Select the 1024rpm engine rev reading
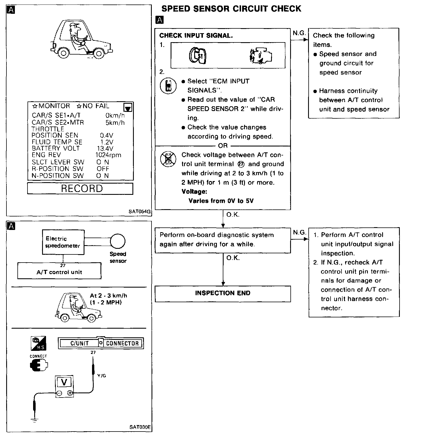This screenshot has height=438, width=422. tap(108, 155)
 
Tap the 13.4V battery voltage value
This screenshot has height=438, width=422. tap(105, 148)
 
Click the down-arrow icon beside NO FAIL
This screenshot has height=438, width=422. tap(128, 107)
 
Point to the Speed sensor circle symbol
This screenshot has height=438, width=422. tap(118, 241)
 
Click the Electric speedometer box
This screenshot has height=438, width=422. tap(63, 242)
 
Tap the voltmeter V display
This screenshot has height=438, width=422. tap(64, 382)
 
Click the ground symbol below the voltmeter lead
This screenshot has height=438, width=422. tap(35, 421)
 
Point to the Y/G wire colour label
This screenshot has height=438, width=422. tap(102, 375)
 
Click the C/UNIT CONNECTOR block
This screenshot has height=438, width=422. tap(101, 343)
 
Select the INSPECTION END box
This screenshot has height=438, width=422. tap(223, 293)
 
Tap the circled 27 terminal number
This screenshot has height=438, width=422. tap(241, 164)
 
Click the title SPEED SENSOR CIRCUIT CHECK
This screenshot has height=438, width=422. tap(231, 8)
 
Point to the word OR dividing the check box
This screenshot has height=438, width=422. tap(223, 146)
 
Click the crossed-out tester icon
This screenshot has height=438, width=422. tap(168, 159)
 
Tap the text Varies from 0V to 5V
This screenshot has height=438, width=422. tap(221, 201)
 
